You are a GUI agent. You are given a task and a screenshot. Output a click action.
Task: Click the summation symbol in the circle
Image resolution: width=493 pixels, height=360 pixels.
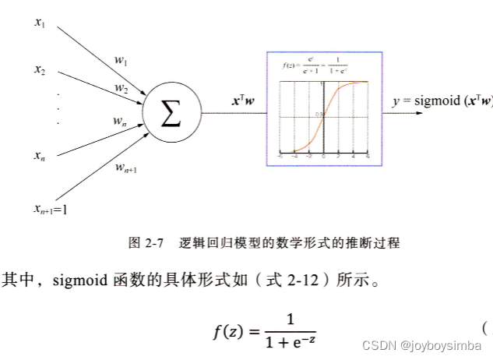(x=171, y=115)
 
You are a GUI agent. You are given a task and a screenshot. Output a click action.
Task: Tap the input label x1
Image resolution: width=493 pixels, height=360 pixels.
(x=40, y=23)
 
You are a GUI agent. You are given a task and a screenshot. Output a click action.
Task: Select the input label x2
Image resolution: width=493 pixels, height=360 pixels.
(x=40, y=70)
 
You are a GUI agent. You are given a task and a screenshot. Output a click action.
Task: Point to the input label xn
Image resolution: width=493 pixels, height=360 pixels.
(x=40, y=157)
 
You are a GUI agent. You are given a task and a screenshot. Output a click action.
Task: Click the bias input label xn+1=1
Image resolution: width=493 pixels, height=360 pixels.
(x=50, y=208)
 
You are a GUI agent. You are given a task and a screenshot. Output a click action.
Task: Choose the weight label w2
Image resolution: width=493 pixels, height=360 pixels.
(x=121, y=88)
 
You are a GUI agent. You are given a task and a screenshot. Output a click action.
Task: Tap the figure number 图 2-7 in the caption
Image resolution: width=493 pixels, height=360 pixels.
(x=145, y=243)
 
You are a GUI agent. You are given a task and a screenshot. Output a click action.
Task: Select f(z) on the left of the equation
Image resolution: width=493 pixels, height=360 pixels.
(x=234, y=332)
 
